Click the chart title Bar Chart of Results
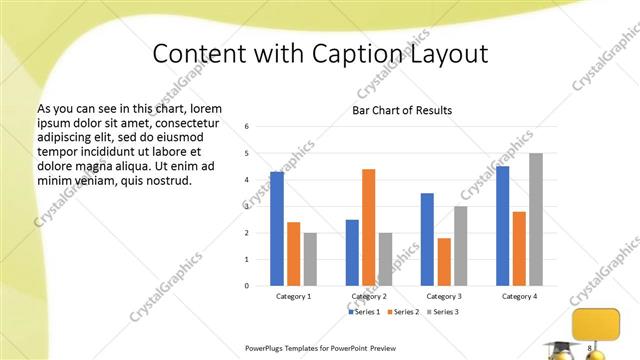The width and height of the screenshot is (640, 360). [402, 110]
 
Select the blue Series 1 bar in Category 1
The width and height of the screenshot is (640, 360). [277, 229]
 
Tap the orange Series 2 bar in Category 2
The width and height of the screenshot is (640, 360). [368, 227]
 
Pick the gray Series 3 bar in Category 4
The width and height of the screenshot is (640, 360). [536, 219]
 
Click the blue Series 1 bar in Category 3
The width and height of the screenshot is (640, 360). [427, 239]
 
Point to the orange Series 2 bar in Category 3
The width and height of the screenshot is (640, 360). [444, 261]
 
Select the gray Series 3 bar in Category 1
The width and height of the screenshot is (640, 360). [310, 259]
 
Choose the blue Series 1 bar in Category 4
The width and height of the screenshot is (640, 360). [502, 226]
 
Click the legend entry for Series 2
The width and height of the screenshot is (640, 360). [402, 312]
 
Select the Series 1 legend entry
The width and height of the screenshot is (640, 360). [362, 312]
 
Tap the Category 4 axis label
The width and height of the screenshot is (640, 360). [518, 296]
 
